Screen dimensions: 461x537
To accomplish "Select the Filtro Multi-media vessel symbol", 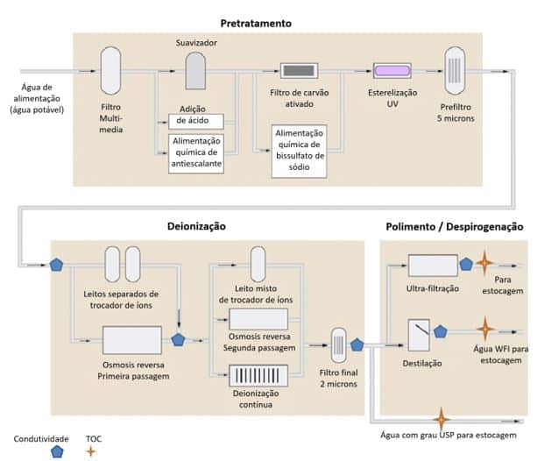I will (x=110, y=70).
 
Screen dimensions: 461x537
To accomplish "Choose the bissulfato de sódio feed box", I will (x=299, y=151).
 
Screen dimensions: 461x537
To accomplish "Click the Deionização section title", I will (x=196, y=226).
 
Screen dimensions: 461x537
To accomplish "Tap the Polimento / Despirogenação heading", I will (x=454, y=226).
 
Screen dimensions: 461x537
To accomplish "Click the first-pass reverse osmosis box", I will (x=131, y=338).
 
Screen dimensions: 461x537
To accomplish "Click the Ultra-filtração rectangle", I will (x=433, y=265).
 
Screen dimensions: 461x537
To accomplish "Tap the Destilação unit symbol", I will (x=422, y=333).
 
